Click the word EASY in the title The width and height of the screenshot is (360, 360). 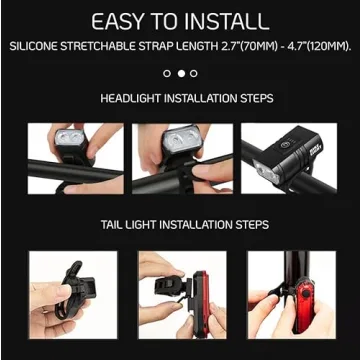pos(123,20)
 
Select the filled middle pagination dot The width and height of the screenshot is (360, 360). pos(181,73)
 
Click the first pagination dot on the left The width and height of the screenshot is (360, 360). pos(167,73)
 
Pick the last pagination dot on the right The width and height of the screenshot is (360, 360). pos(194,73)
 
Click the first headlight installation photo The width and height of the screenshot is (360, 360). pos(65,158)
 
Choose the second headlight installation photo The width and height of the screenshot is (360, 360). pos(180,158)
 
